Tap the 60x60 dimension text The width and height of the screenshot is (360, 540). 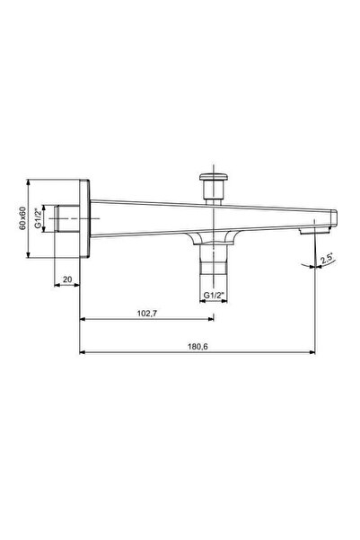23,217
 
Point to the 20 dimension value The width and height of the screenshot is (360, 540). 67,280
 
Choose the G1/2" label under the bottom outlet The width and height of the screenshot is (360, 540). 211,295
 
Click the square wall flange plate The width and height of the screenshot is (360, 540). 84,217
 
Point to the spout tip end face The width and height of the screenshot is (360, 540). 335,219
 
